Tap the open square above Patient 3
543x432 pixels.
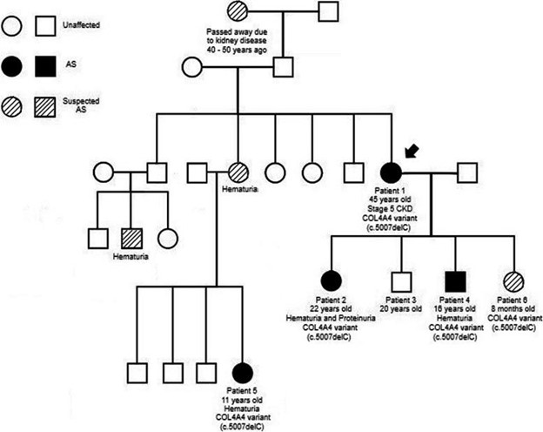click(x=400, y=281)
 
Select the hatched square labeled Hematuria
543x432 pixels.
click(x=131, y=236)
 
